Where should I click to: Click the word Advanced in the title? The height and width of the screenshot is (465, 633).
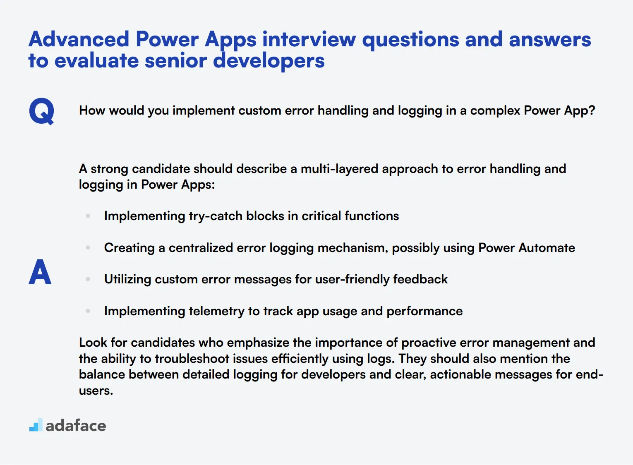(79, 39)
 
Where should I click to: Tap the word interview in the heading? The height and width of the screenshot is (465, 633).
(309, 39)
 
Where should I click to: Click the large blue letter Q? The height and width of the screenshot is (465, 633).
(41, 111)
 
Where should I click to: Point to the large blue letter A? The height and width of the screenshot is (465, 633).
(40, 272)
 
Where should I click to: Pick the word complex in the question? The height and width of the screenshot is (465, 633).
(495, 110)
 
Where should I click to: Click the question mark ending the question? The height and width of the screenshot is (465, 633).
(591, 110)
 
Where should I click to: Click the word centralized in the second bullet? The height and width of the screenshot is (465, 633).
(201, 248)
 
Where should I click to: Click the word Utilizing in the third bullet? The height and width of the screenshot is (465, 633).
(127, 279)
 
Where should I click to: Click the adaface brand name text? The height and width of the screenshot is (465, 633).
(76, 426)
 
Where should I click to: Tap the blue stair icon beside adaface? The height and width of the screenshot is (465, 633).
(36, 425)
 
